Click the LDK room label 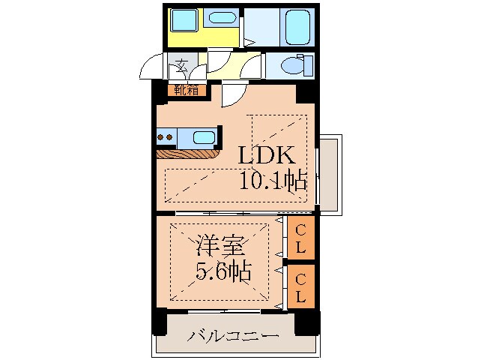(x=268, y=156)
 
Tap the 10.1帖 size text (x=273, y=180)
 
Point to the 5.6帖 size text (x=223, y=271)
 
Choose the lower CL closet (x=300, y=286)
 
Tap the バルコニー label (x=233, y=335)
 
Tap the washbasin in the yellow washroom (x=220, y=18)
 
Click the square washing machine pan (x=182, y=19)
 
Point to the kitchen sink (x=203, y=138)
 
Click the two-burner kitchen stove (x=166, y=138)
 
